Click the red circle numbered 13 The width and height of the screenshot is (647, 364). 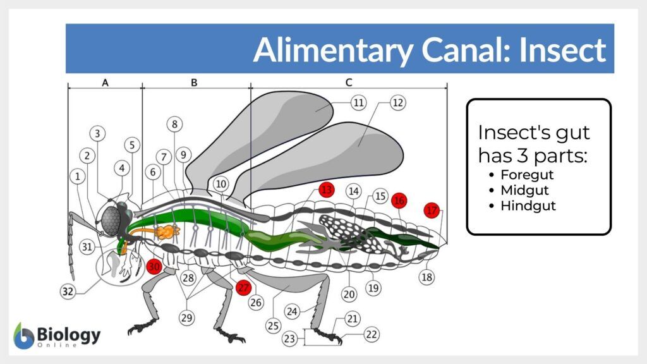click(326, 190)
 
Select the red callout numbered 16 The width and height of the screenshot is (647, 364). click(399, 201)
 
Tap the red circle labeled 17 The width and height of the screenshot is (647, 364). click(432, 210)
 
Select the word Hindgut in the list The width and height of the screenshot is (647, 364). click(528, 206)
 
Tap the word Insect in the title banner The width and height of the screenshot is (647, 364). click(562, 50)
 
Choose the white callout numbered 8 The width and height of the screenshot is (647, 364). click(175, 124)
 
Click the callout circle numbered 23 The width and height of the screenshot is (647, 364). click(289, 339)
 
